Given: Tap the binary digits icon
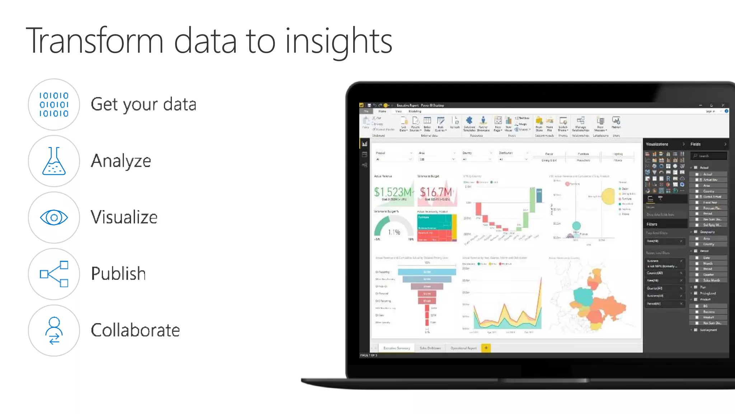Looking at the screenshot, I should [54, 104].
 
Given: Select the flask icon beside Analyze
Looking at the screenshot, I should [54, 161].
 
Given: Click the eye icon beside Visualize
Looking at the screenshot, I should [54, 218].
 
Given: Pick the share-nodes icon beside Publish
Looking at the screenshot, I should [54, 274].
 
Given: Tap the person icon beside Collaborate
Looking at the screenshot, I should [54, 330].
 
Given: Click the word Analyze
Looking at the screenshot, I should [121, 161].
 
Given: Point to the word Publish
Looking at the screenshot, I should [118, 274].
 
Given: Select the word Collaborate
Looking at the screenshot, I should [135, 330].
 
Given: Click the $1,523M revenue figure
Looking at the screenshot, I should [393, 192].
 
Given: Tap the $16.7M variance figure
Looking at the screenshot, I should [436, 192].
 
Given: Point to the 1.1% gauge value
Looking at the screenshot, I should [394, 232].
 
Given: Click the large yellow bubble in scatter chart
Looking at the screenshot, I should [608, 196].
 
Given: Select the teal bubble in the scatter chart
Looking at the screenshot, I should [576, 226].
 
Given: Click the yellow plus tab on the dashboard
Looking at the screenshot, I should [486, 348].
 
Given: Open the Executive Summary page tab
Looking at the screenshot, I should [397, 348].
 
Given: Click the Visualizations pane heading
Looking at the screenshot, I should [657, 144].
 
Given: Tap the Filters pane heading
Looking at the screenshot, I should [652, 224].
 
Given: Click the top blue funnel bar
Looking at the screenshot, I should [427, 272].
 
